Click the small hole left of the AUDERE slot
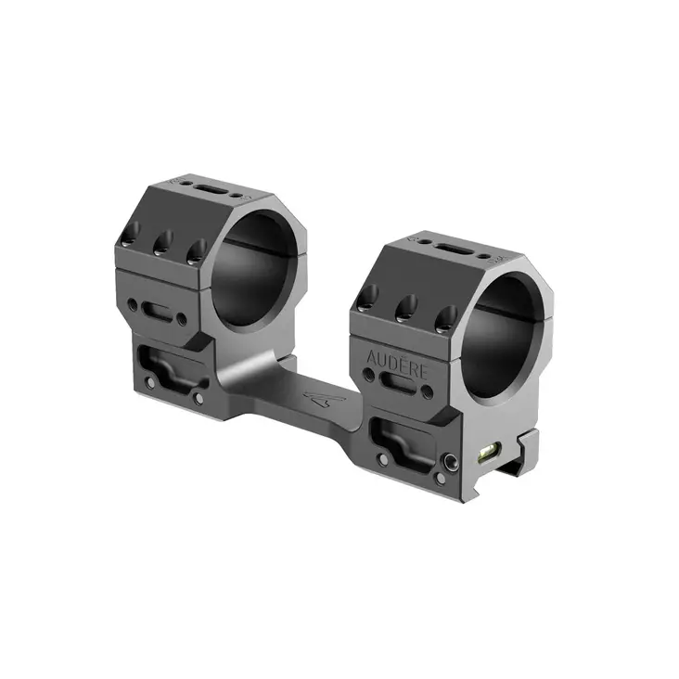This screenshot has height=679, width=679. pos(370,374)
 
